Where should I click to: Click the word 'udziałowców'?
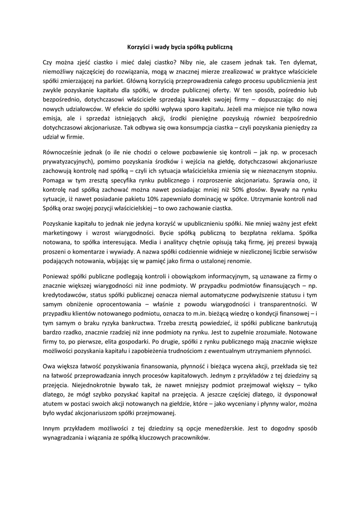[83, 109]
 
